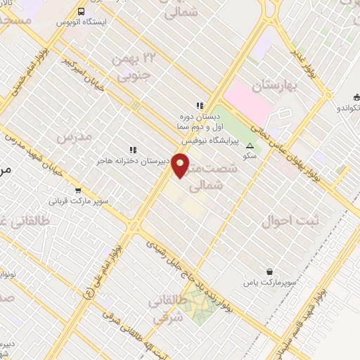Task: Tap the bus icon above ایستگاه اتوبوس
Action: click(x=81, y=11)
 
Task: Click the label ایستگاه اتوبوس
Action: click(x=80, y=23)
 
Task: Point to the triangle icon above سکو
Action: click(x=251, y=146)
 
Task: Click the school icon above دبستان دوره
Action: click(x=200, y=106)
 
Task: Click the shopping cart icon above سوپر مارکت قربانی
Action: click(x=77, y=189)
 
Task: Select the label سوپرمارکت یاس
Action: click(x=266, y=282)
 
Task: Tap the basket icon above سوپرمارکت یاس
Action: click(x=270, y=271)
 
